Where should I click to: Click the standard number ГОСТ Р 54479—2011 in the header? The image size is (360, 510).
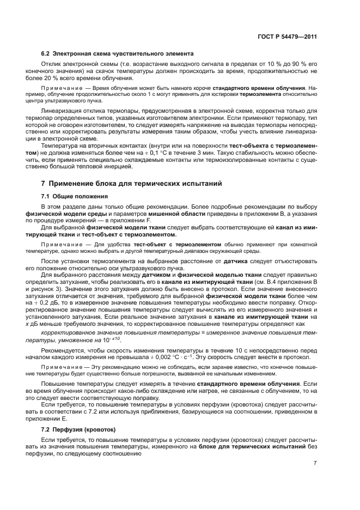point(288,37)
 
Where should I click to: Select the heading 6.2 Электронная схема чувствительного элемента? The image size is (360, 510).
point(117,54)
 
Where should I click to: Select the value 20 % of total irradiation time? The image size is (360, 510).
point(62,78)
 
